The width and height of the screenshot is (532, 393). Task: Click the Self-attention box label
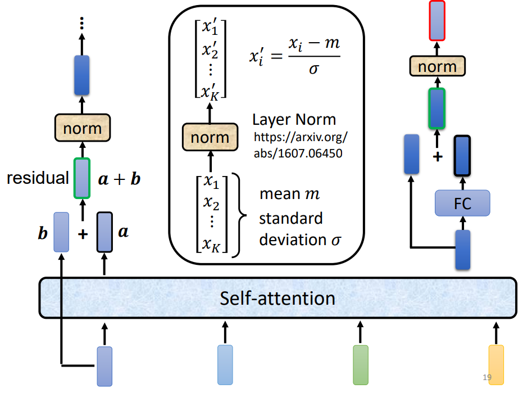pyautogui.click(x=277, y=297)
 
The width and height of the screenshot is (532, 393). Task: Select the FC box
pyautogui.click(x=462, y=203)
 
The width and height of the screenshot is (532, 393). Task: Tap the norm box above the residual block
pyautogui.click(x=82, y=128)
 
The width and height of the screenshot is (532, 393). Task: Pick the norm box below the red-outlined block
pyautogui.click(x=436, y=67)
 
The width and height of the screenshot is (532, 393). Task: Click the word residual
pyautogui.click(x=38, y=179)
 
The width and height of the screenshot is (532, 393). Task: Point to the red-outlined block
pyautogui.click(x=436, y=21)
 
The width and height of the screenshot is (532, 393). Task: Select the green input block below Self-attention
pyautogui.click(x=360, y=365)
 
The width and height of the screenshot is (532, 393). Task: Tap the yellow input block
pyautogui.click(x=496, y=365)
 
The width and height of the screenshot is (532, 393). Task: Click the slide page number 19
pyautogui.click(x=487, y=377)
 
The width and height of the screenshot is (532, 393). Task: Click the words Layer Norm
pyautogui.click(x=294, y=120)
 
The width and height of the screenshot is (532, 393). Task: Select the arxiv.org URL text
pyautogui.click(x=301, y=145)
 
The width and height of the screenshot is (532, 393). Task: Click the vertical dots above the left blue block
pyautogui.click(x=82, y=22)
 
